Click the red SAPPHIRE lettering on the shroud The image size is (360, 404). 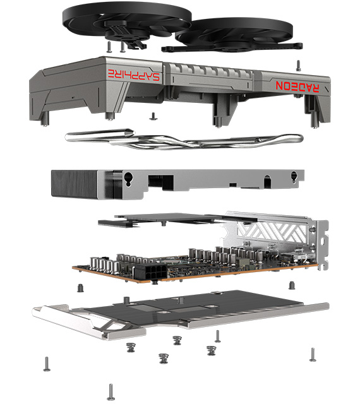[x=134, y=74]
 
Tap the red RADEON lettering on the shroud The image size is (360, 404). [x=297, y=86]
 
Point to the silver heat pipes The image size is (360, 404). [x=184, y=139]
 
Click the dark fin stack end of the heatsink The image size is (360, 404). [x=74, y=183]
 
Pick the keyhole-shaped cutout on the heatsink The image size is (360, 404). [x=128, y=179]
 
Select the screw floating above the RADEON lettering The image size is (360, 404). [x=298, y=66]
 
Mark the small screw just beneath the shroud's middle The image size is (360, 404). [x=153, y=116]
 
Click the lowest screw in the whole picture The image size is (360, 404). [x=111, y=392]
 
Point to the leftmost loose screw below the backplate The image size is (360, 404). [x=47, y=364]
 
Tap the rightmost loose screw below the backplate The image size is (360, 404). [x=313, y=355]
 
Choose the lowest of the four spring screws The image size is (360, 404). [x=164, y=359]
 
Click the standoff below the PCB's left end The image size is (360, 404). [x=80, y=288]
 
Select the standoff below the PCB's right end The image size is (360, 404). [x=292, y=285]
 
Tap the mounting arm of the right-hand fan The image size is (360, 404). [x=232, y=47]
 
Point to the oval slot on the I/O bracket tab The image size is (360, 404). [x=322, y=241]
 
